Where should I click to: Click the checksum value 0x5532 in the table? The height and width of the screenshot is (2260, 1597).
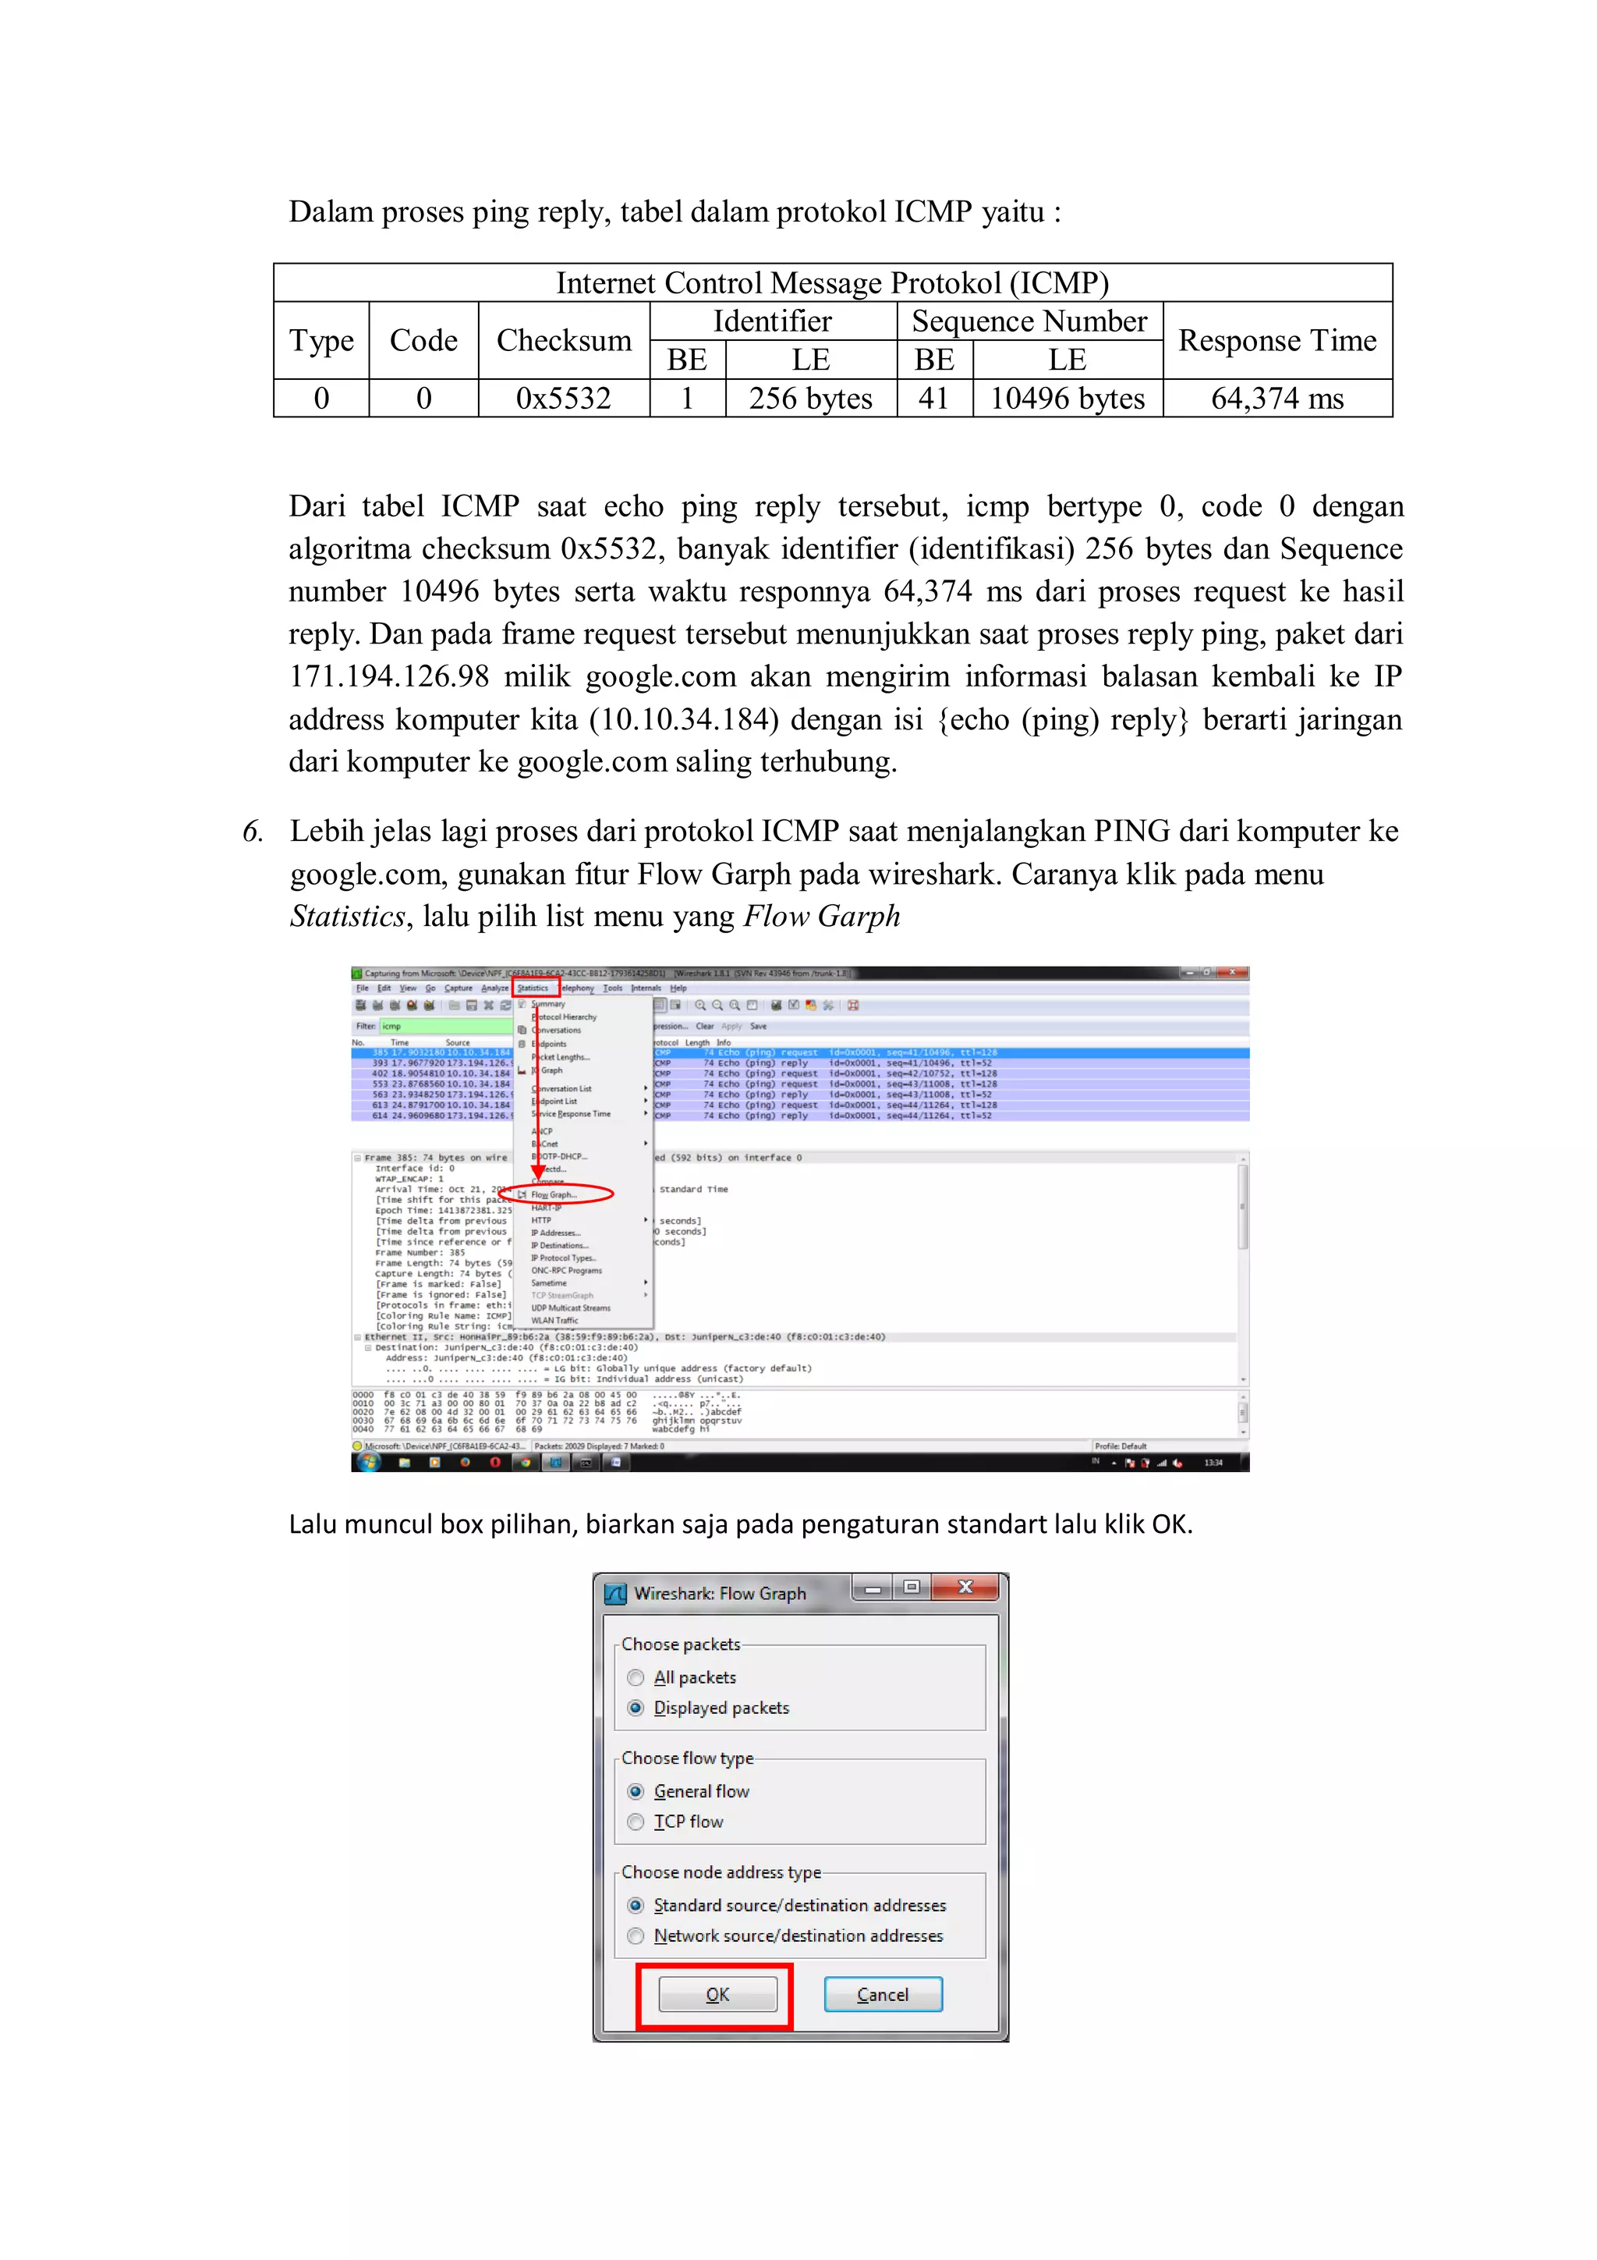tap(563, 399)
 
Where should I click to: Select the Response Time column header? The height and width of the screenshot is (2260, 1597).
tap(1277, 341)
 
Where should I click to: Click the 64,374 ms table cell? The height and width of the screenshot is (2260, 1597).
tap(1277, 399)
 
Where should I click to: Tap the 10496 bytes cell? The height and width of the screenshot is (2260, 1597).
tap(1067, 399)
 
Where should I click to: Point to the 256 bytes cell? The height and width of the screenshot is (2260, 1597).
tap(810, 399)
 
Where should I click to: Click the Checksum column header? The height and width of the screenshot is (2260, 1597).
tap(563, 341)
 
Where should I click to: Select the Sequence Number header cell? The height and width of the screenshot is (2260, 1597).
tap(1029, 322)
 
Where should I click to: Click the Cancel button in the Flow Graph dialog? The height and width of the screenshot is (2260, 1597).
tap(882, 1994)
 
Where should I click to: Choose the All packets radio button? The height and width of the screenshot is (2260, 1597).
tap(636, 1677)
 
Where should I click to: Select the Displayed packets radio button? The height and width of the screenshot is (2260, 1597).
tap(636, 1708)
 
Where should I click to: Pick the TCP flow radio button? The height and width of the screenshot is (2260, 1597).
tap(636, 1822)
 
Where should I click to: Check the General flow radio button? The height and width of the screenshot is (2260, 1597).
tap(636, 1791)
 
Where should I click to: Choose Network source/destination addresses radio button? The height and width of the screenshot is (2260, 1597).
tap(636, 1936)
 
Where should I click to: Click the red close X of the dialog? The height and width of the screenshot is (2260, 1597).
tap(965, 1587)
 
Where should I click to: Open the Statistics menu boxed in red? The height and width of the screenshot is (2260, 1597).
tap(534, 988)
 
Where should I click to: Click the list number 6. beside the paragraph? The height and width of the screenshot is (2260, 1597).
tap(253, 832)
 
